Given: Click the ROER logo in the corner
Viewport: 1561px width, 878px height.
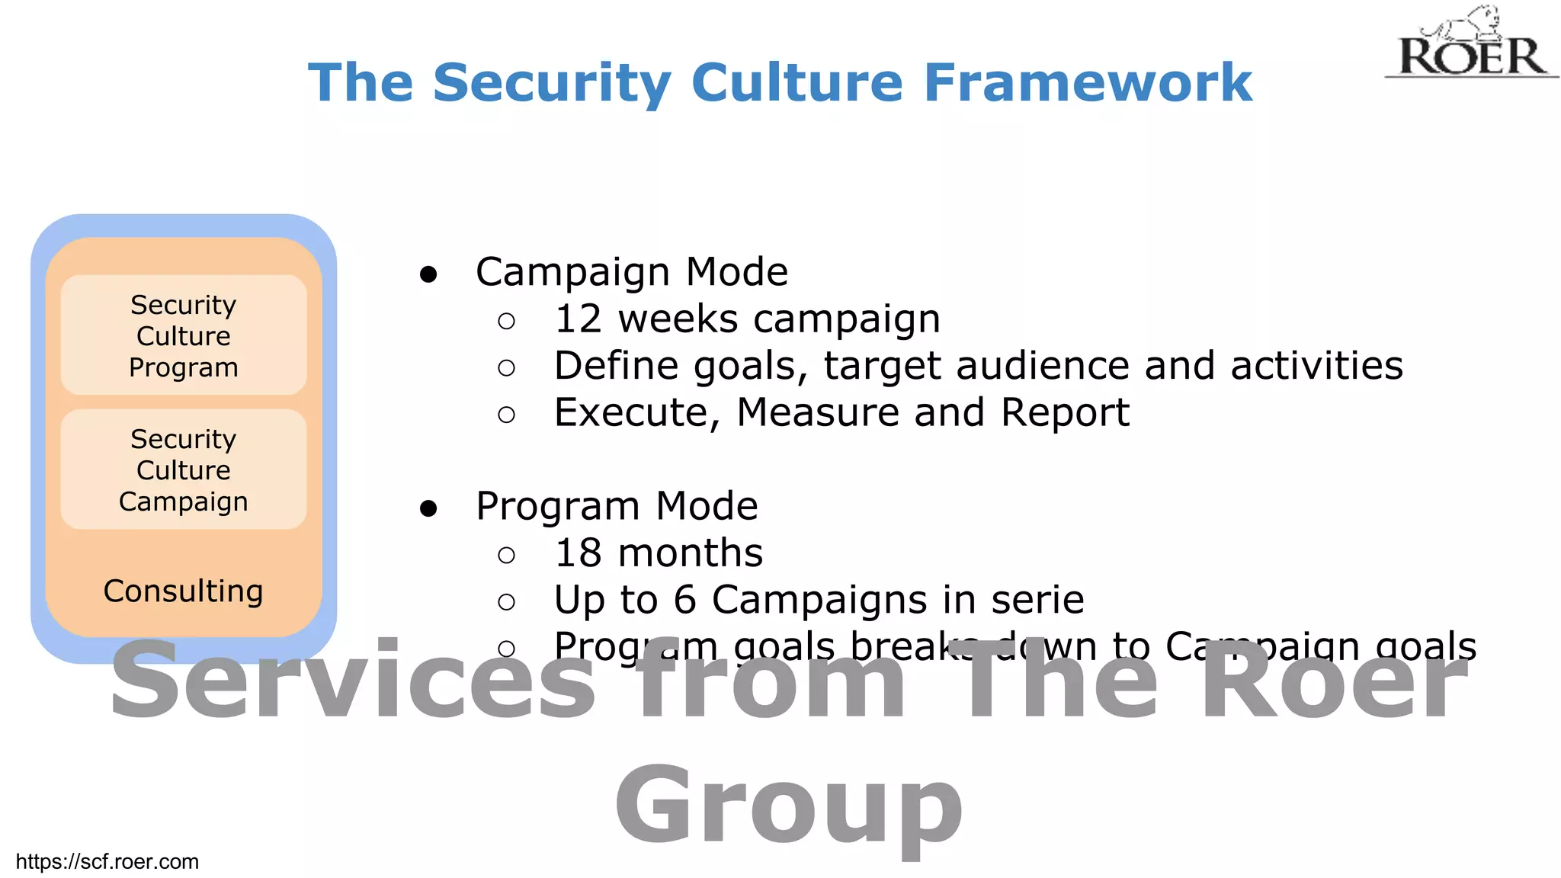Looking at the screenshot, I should tap(1471, 46).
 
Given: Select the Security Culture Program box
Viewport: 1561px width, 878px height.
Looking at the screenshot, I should tap(184, 335).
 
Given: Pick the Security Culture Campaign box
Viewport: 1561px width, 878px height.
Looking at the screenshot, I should tap(184, 469).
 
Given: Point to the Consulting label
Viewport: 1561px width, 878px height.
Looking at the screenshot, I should tap(184, 591).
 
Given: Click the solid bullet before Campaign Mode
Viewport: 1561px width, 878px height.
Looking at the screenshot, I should tap(428, 274).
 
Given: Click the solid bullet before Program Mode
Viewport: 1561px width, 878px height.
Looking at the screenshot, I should tap(428, 508).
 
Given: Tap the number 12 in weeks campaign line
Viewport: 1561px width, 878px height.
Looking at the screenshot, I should tap(579, 319).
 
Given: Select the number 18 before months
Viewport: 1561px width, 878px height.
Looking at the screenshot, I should tap(579, 553).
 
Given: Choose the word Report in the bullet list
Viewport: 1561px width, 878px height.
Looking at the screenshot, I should tap(1064, 413).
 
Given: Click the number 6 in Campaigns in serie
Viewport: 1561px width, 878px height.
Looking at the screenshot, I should tap(684, 600).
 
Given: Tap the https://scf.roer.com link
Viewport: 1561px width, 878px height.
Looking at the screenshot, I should tap(107, 861).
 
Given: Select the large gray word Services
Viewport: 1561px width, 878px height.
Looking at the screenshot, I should tap(353, 681).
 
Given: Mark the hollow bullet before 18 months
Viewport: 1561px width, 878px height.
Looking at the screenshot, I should tap(506, 555).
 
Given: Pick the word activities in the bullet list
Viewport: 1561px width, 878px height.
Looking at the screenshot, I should tap(1316, 366).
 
